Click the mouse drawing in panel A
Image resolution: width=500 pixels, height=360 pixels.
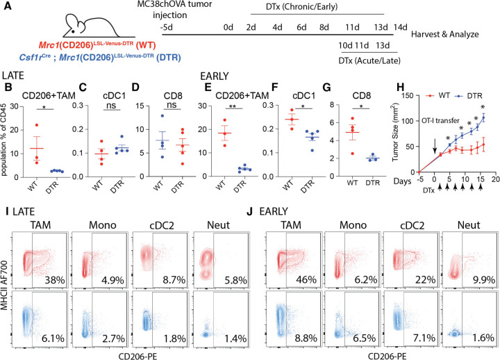coord(92,26)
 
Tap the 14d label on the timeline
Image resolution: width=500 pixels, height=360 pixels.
coord(400,27)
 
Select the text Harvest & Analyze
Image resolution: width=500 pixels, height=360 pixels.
coord(445,34)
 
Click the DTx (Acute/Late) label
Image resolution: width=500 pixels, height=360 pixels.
coord(369,60)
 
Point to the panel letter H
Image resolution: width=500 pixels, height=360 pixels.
coord(400,87)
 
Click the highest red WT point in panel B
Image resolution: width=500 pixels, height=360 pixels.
coord(37,125)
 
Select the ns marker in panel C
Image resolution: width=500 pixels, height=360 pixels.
coord(111,105)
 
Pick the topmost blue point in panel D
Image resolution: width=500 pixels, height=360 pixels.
coord(162,116)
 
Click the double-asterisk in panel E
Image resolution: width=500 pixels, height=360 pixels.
coord(233,106)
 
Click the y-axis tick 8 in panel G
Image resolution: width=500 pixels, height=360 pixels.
coord(331,105)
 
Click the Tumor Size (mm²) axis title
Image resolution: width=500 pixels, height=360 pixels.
coord(395,132)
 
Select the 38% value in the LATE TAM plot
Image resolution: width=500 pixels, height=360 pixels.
coord(55,280)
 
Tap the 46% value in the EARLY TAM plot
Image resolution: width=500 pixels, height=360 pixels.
coord(306,280)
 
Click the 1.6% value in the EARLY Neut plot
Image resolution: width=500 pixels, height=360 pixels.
coord(484,337)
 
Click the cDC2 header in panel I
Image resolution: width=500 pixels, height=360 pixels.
coord(162,225)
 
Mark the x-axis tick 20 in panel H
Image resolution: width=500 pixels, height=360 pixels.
coord(495,179)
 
